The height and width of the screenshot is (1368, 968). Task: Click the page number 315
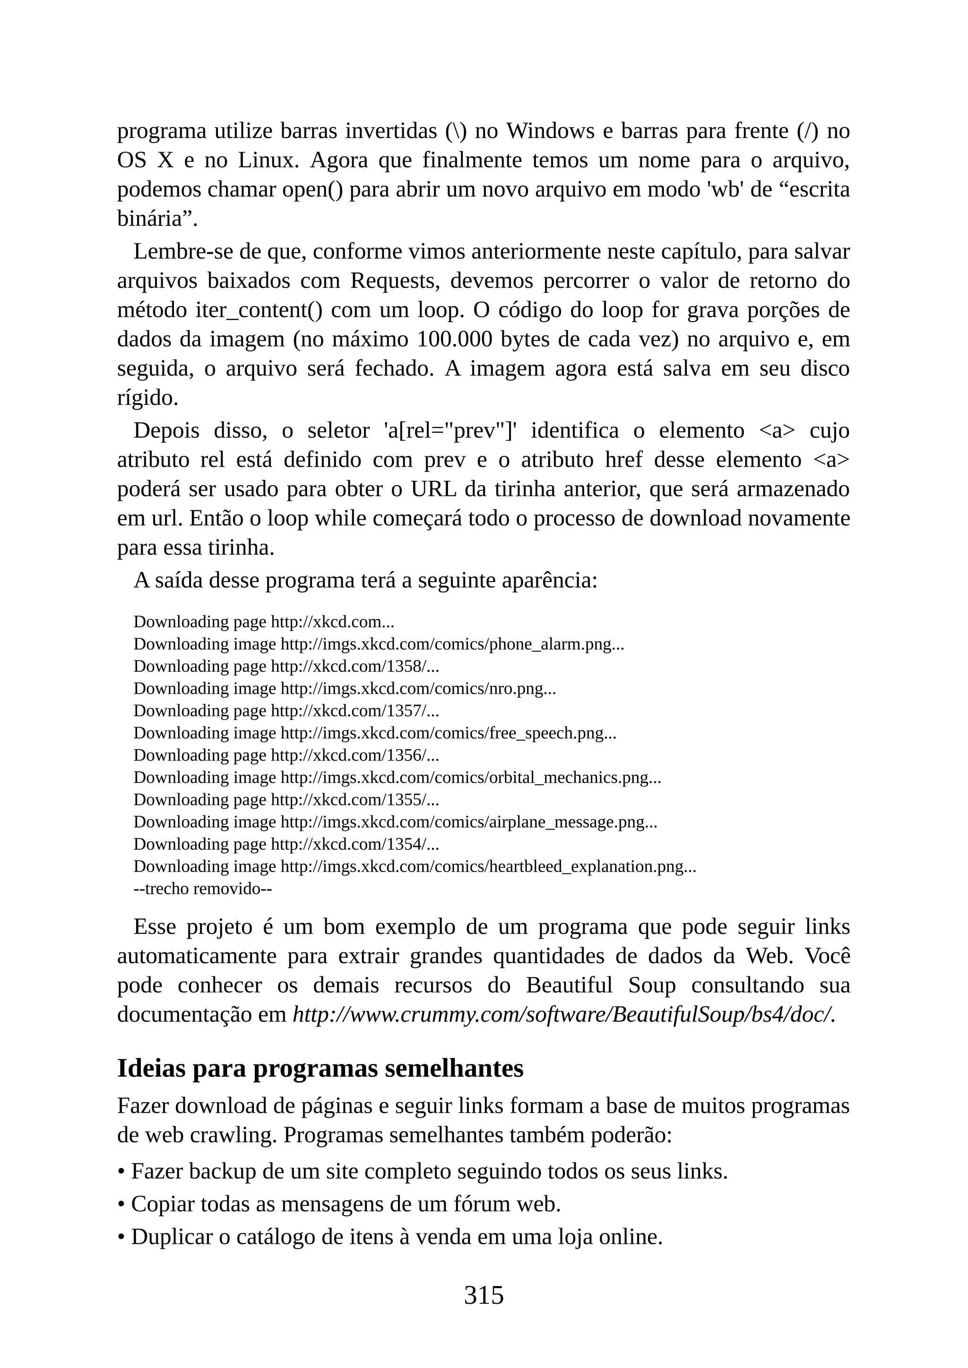tap(484, 1295)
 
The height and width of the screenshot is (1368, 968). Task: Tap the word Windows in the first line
tap(550, 130)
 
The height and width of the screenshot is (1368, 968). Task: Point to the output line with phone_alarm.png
tap(379, 644)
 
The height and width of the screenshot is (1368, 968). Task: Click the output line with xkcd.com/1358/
tap(286, 666)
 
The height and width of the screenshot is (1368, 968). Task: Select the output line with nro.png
tap(345, 689)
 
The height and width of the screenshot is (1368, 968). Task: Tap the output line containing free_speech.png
tap(375, 733)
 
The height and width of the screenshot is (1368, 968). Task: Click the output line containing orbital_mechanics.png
tap(397, 778)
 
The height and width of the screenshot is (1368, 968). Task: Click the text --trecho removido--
tap(203, 889)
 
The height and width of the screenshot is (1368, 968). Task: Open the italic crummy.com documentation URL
tap(563, 1015)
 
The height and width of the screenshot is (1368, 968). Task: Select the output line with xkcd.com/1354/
tap(286, 844)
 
